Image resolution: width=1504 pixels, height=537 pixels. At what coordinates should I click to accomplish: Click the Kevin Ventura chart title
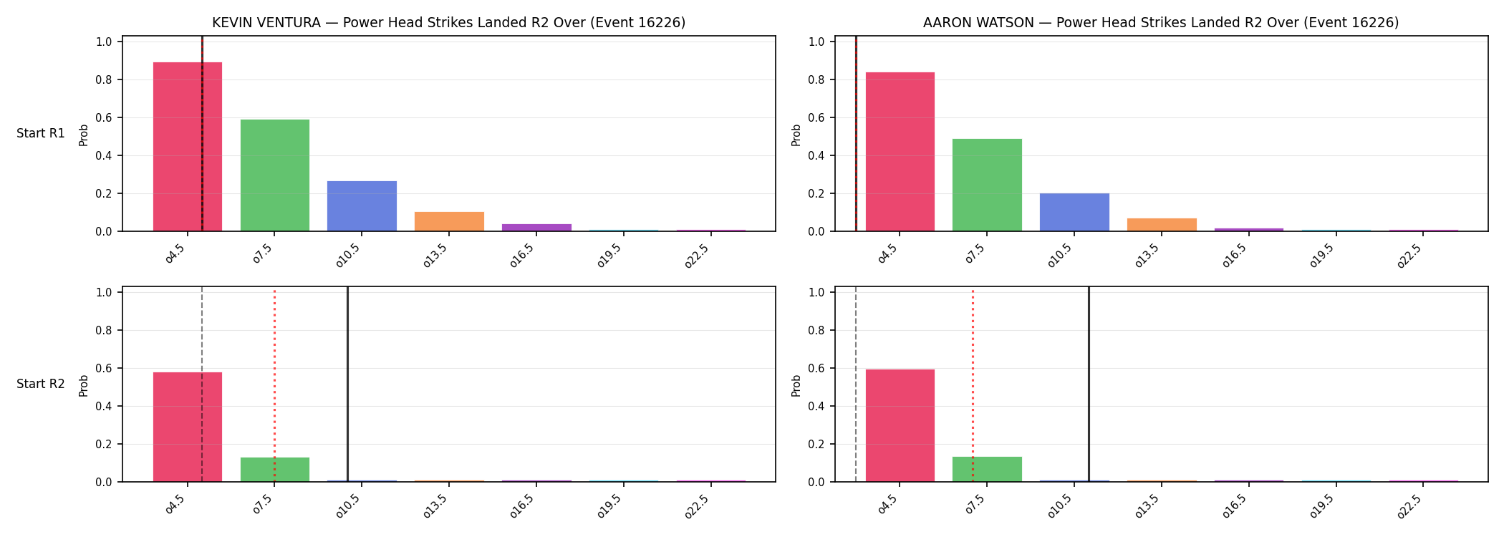point(449,23)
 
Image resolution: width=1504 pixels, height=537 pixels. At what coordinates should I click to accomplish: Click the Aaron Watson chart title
point(1161,23)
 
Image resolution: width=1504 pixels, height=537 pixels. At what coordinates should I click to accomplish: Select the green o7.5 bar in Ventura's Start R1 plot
point(275,175)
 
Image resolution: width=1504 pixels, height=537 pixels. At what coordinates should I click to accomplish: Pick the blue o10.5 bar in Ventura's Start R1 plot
point(362,206)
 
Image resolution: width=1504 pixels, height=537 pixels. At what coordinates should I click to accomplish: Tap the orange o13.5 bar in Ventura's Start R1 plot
point(449,221)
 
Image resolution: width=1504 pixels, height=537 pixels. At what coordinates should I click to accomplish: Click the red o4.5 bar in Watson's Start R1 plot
point(900,152)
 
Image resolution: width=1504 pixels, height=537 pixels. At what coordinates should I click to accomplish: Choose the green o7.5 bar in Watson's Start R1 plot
point(987,185)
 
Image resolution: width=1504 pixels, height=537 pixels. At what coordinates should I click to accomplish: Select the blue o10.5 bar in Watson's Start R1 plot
point(1074,212)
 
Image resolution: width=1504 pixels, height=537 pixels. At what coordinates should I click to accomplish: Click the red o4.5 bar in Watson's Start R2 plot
point(900,425)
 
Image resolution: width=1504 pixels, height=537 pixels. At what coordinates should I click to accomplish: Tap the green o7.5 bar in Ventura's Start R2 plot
point(275,470)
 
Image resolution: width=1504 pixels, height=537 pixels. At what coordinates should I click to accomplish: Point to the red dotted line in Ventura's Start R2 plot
point(274,384)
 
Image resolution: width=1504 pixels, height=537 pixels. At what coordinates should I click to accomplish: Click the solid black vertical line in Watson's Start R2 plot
point(1089,384)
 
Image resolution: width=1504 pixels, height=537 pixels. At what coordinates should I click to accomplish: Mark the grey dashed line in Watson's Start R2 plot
point(856,384)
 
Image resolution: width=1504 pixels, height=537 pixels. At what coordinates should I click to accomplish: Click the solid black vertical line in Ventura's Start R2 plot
point(347,384)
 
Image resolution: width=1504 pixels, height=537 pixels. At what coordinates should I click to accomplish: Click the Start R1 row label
point(41,133)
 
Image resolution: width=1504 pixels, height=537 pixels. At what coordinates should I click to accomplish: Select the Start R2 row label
point(41,384)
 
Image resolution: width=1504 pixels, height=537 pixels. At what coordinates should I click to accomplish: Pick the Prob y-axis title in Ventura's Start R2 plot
point(84,385)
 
